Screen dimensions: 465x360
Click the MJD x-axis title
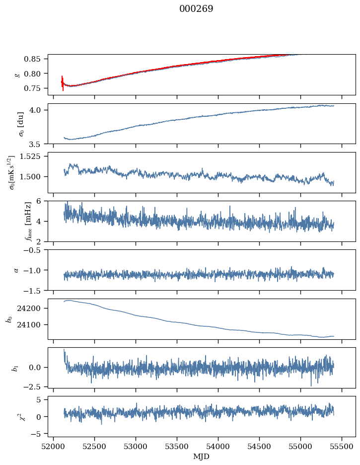tap(202, 456)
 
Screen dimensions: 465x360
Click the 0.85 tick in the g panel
tap(35, 59)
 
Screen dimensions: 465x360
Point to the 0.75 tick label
tap(35, 88)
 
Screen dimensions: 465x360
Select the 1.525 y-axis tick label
tap(33, 156)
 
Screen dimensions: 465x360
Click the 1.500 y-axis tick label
tap(33, 176)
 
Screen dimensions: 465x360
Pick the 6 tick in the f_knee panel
tap(42, 201)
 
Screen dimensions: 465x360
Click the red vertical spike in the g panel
tap(63, 83)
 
